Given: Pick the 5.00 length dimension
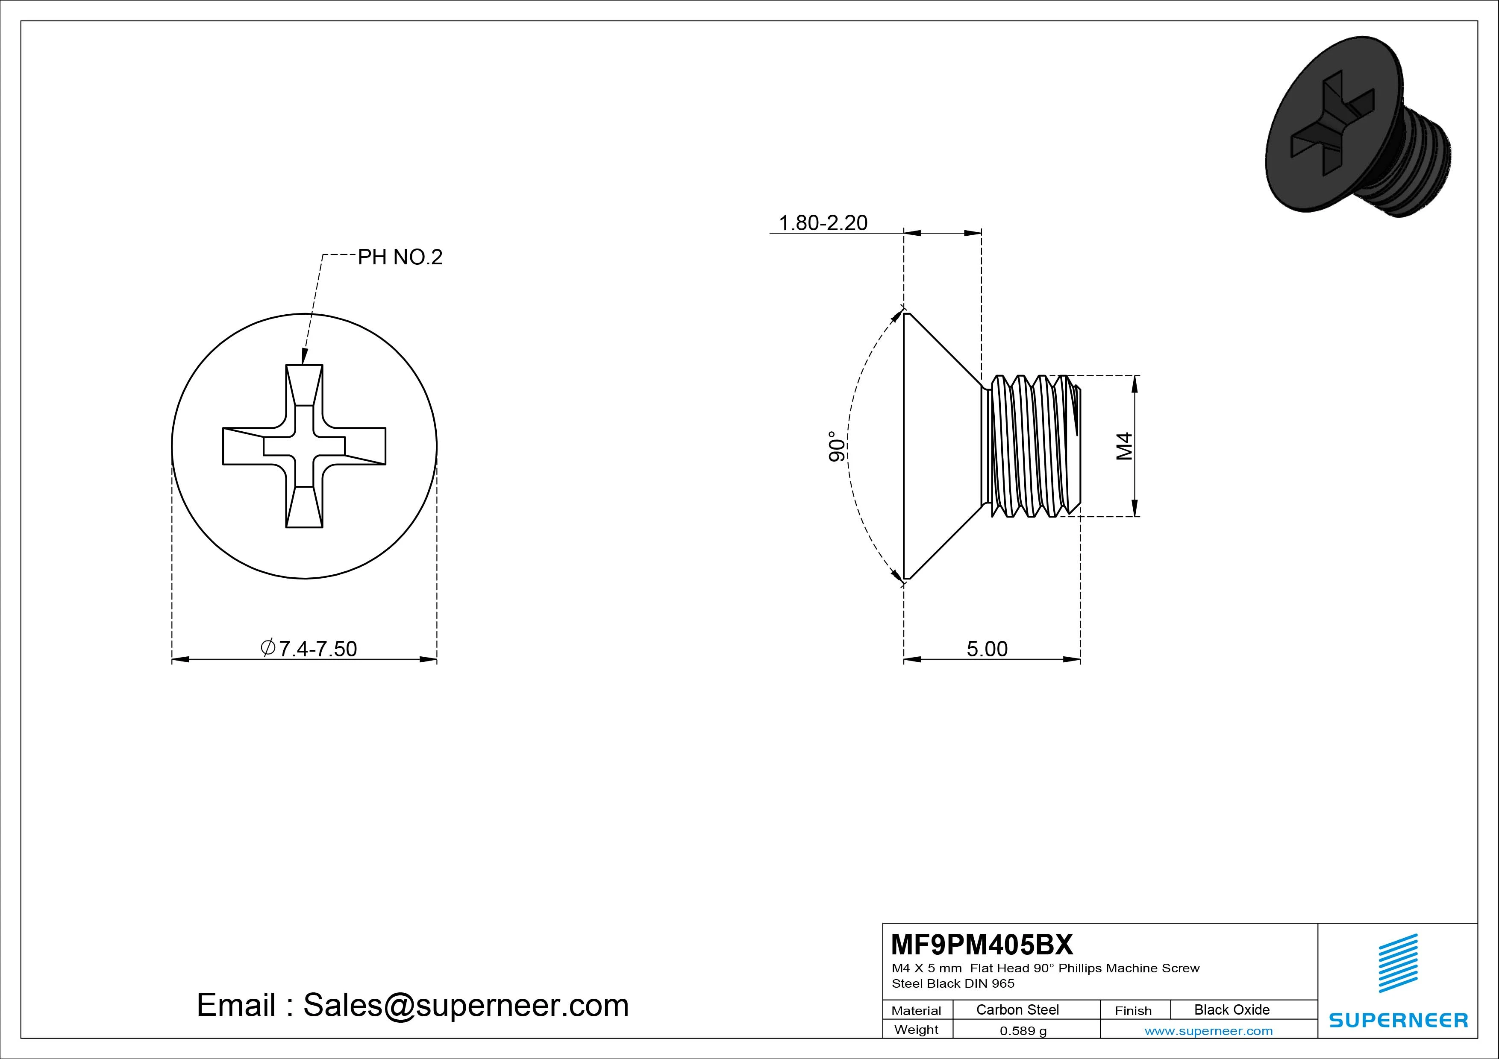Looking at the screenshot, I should tap(987, 649).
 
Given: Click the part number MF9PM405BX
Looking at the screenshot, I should tap(981, 944).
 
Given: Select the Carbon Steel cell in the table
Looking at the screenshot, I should tap(1017, 1009).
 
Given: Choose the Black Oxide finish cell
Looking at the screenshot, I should tap(1232, 1009).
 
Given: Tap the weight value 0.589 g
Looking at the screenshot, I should tap(1023, 1031).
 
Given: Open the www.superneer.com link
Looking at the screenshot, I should tap(1208, 1031).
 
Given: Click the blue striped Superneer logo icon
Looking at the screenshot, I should tap(1398, 962).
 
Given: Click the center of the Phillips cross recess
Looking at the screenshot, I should tap(304, 446).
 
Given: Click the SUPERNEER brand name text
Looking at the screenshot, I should tap(1398, 1020).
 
